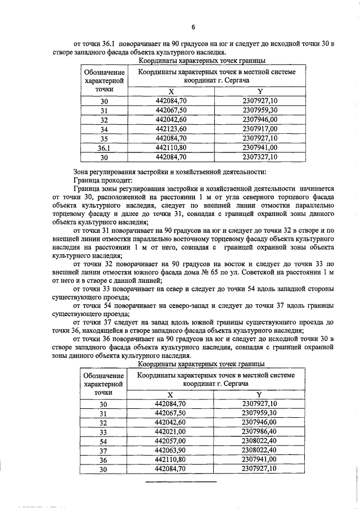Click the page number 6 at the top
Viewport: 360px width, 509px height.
click(193, 26)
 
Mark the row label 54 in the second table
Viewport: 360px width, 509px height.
click(103, 441)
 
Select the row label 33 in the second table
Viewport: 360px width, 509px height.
click(103, 431)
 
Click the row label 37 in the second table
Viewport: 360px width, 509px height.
click(103, 451)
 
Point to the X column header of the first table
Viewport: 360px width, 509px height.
click(172, 91)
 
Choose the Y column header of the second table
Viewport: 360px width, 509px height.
click(259, 394)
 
